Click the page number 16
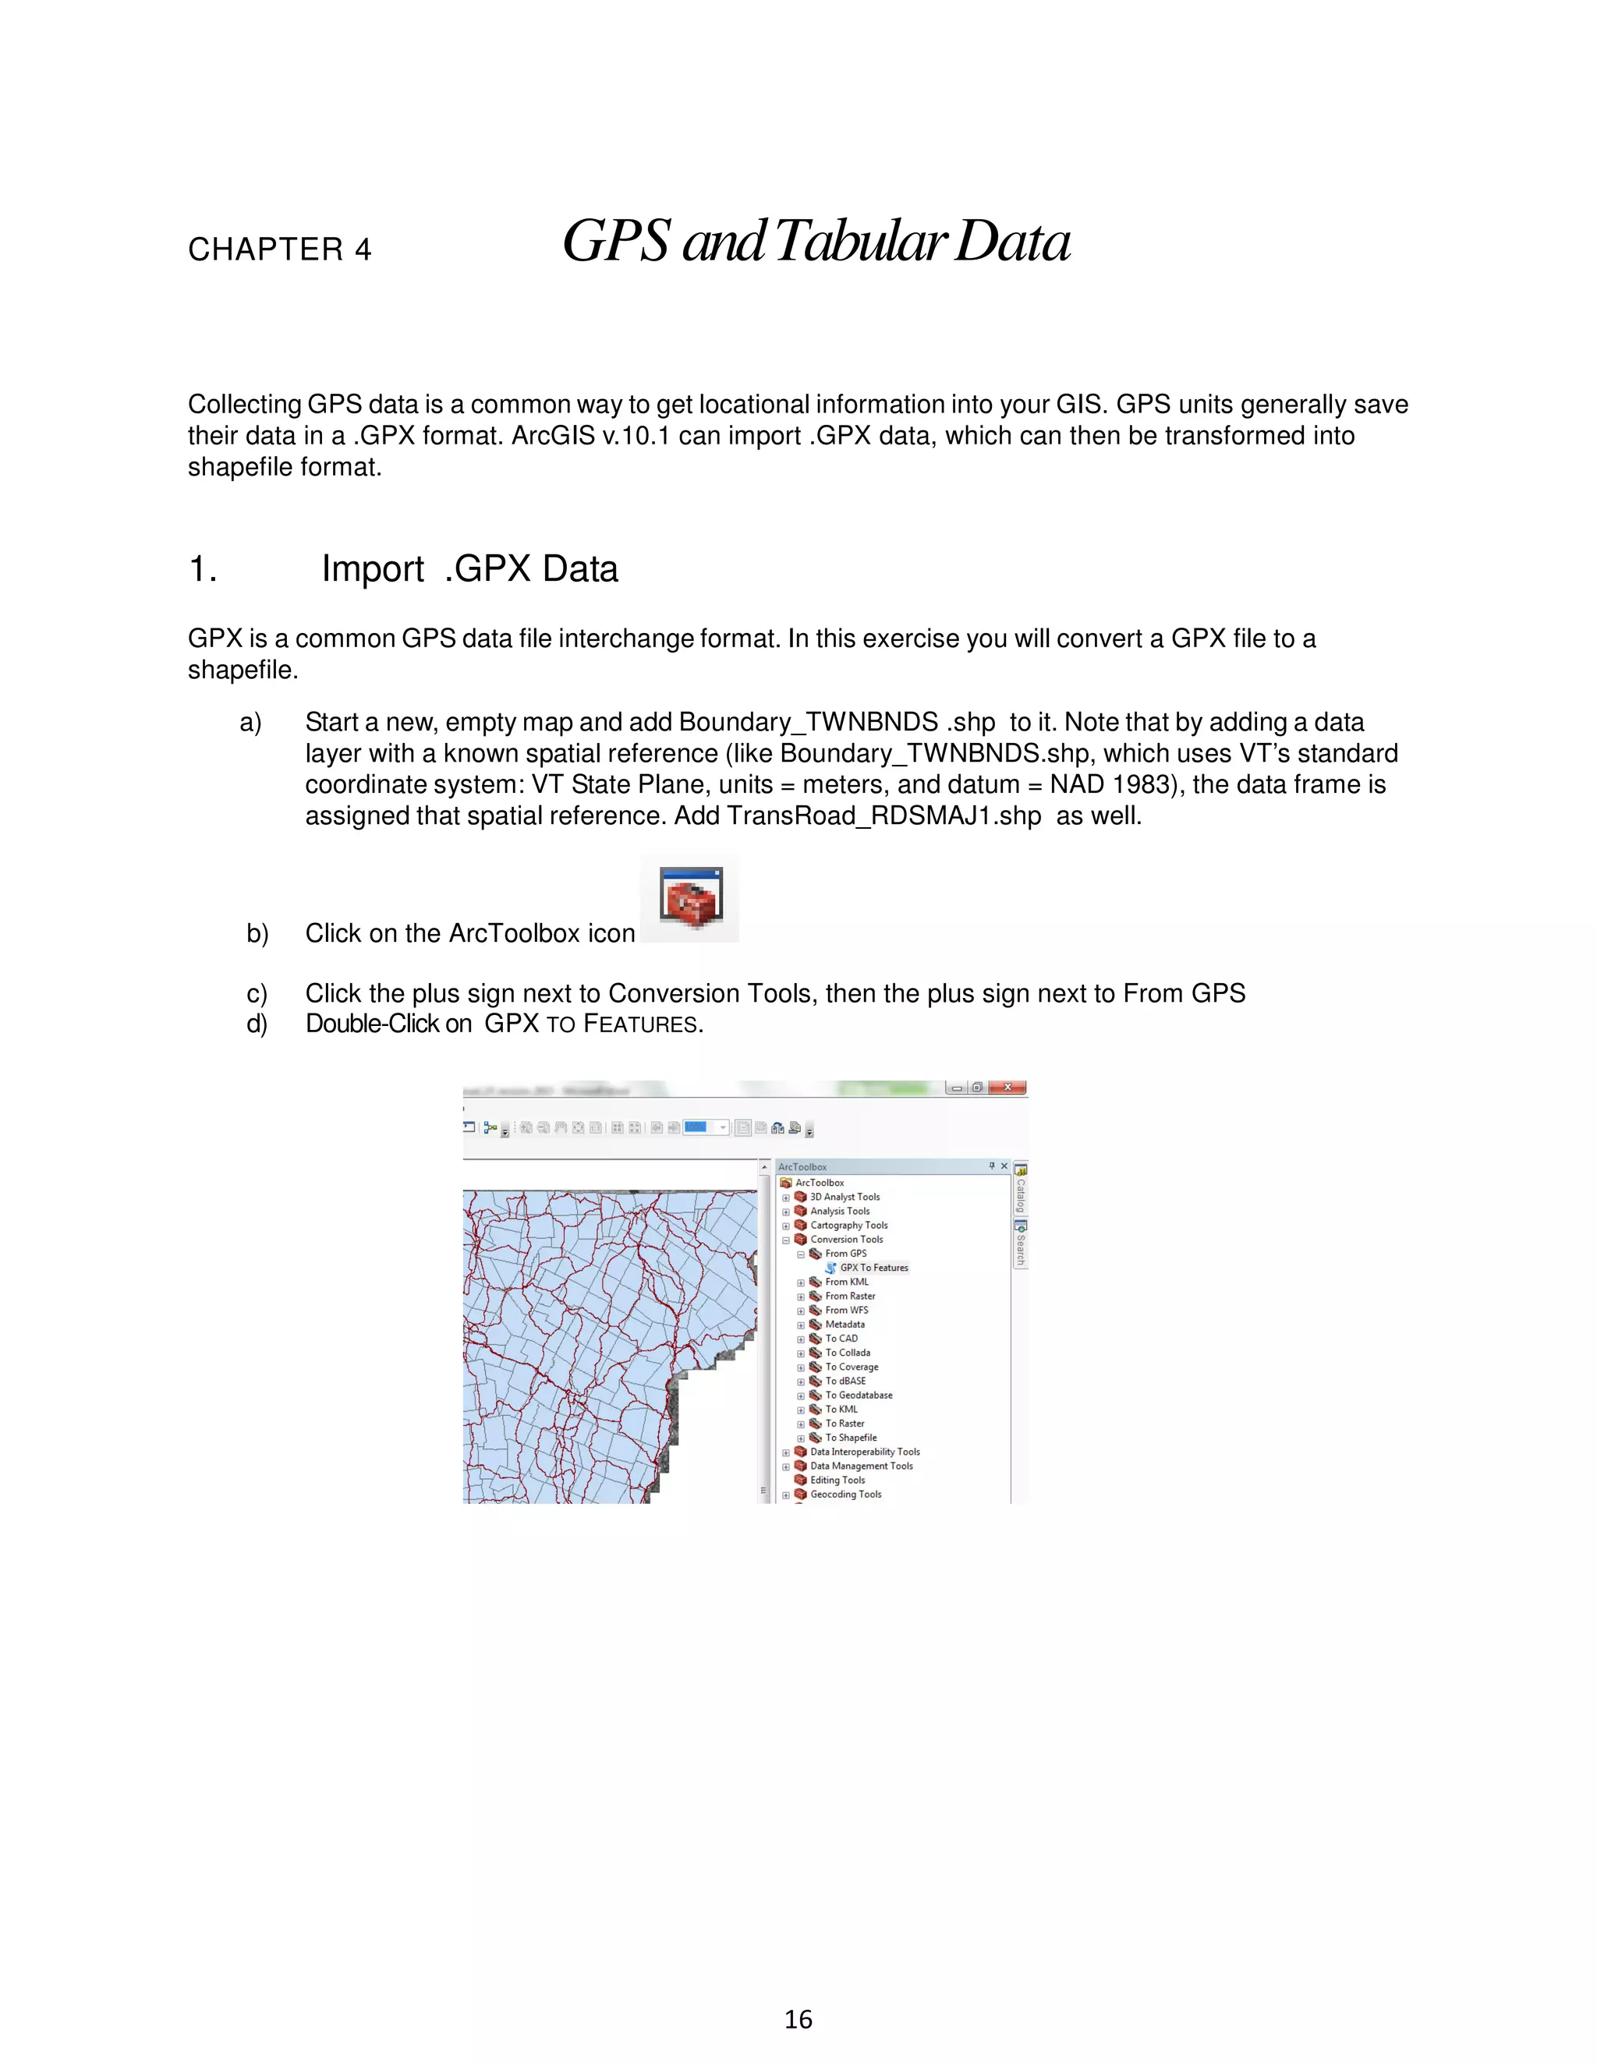click(798, 2018)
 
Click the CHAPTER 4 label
click(279, 249)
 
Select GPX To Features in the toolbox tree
click(873, 1268)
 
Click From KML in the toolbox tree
click(846, 1282)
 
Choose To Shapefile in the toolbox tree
click(851, 1437)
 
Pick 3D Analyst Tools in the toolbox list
click(844, 1197)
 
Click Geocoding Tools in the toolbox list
click(845, 1494)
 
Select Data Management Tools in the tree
click(861, 1466)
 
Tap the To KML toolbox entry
click(841, 1409)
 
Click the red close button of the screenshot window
click(1007, 1087)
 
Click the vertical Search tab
click(1020, 1246)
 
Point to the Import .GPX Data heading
click(469, 568)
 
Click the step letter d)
click(257, 1024)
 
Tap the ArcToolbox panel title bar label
click(802, 1166)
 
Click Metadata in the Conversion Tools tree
click(844, 1325)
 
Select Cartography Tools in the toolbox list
click(848, 1225)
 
